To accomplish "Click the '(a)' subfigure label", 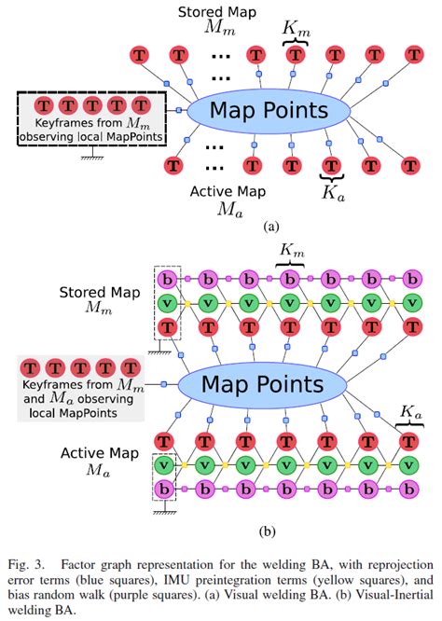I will point(270,226).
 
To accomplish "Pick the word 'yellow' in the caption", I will point(330,578).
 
